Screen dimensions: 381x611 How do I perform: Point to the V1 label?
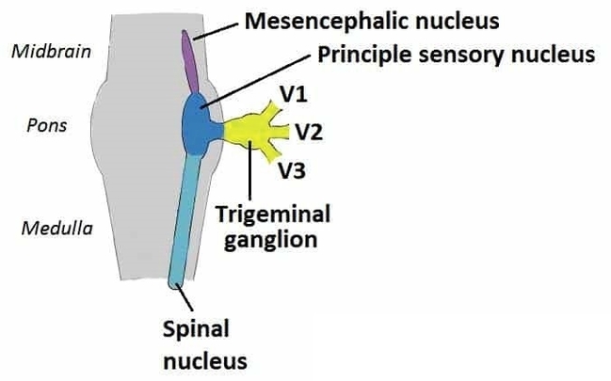point(294,94)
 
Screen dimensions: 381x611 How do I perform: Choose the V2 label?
point(310,132)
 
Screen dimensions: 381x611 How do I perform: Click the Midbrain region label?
point(51,51)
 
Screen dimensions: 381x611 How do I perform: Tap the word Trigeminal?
point(273,214)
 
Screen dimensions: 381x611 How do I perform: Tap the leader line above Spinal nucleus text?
point(187,301)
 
